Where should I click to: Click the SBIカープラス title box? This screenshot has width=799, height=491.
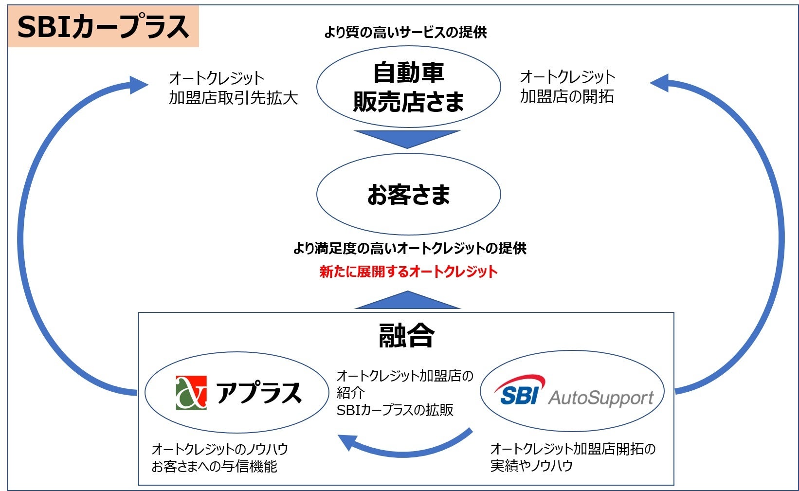click(x=103, y=27)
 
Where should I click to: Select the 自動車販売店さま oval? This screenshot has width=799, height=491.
click(x=408, y=87)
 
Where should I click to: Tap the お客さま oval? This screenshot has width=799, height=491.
click(x=408, y=194)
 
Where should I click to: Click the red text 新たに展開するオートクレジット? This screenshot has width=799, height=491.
click(x=408, y=272)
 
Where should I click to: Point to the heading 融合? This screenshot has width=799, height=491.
click(x=406, y=336)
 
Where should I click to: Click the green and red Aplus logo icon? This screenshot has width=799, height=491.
click(x=191, y=392)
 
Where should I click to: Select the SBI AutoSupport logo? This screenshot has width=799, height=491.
click(x=573, y=392)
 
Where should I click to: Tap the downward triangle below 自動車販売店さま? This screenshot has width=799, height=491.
click(x=407, y=138)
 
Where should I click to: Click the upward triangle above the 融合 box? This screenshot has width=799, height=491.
click(x=407, y=301)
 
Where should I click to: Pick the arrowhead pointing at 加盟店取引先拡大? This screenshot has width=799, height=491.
click(x=139, y=85)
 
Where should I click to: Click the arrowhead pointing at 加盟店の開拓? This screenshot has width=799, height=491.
click(x=660, y=83)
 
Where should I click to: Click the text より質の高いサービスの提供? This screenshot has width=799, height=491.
click(x=405, y=32)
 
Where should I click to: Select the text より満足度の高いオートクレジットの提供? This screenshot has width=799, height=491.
click(x=409, y=248)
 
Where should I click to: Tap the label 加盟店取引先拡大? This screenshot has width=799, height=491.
click(x=233, y=98)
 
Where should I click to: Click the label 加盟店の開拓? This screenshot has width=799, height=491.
click(x=567, y=96)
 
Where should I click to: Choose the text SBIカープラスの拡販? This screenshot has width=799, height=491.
click(x=395, y=410)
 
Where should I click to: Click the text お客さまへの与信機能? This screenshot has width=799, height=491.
click(x=214, y=466)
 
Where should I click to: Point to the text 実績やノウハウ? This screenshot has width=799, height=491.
click(x=531, y=465)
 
